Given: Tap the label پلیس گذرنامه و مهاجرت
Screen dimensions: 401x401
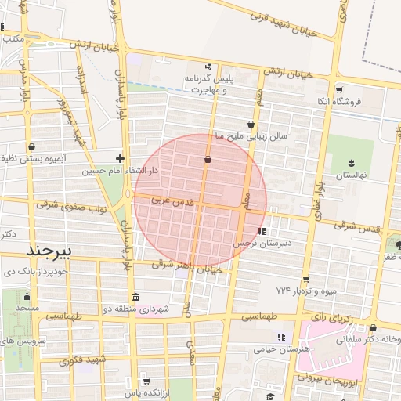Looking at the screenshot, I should coord(209,84).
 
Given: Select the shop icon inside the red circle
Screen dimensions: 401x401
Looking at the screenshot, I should coord(208,161).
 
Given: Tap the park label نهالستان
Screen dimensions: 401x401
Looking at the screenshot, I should coord(350,175).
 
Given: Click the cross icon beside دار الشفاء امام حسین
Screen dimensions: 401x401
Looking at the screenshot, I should coord(120,158).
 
